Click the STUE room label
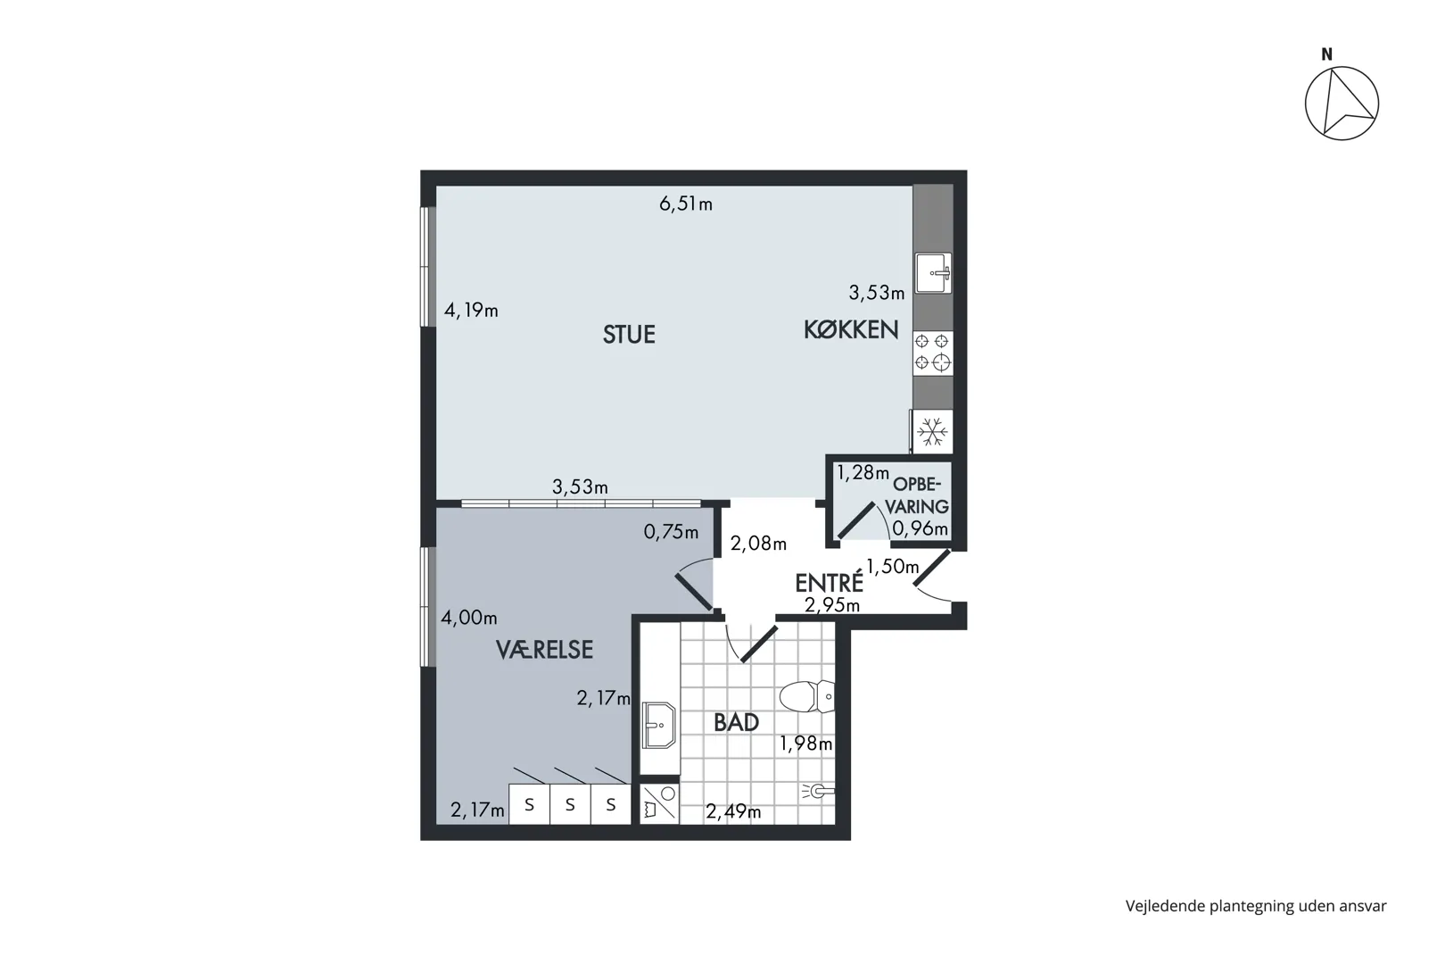pos(629,335)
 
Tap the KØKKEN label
pos(851,330)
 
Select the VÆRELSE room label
pos(544,650)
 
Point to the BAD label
pos(736,722)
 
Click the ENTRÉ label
pos(829,582)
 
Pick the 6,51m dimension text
pos(686,204)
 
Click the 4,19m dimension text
pos(471,311)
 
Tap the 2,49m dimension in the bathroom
pos(733,811)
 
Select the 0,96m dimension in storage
pos(920,528)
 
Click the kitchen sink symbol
pos(933,273)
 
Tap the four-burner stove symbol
pos(933,353)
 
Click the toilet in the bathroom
pos(806,697)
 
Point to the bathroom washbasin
pos(658,725)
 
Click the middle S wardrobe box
pos(570,804)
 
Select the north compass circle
pos(1342,104)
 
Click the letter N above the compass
pos(1327,54)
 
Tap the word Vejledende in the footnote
pos(1166,907)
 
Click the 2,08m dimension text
pos(758,544)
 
